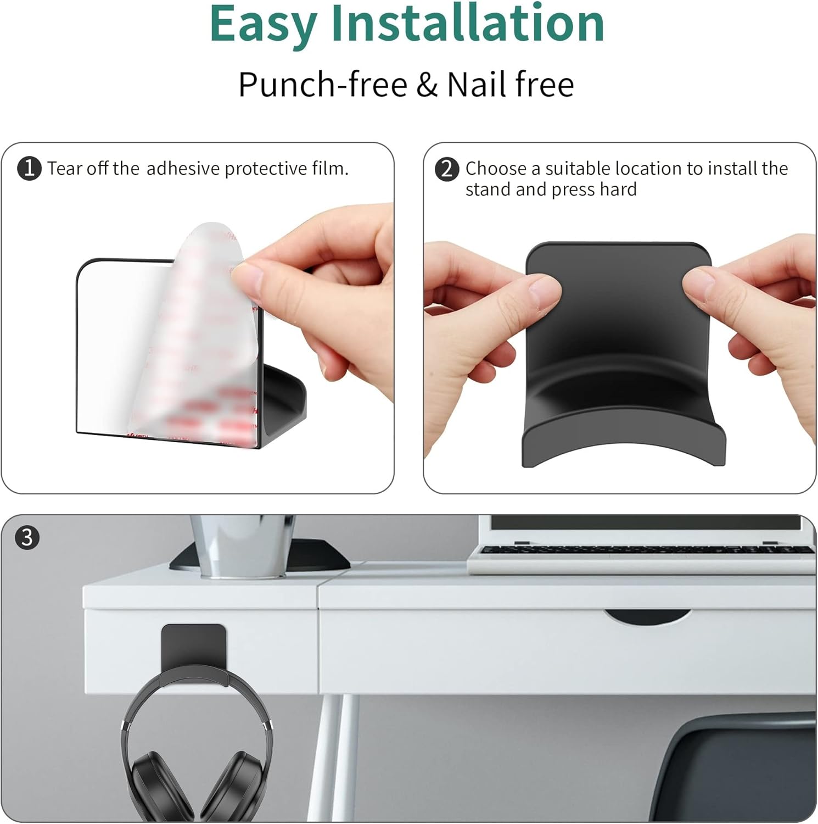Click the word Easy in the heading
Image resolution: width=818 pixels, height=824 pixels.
tap(263, 25)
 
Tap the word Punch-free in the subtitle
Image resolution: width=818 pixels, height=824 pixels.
tap(323, 85)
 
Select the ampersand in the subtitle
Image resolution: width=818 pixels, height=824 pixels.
tap(427, 85)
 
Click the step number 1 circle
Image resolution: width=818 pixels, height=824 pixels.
tap(29, 169)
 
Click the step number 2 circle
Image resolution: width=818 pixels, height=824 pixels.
tap(447, 169)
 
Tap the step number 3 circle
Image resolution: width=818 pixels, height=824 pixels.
tap(27, 537)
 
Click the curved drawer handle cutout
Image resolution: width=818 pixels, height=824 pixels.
tap(647, 616)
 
